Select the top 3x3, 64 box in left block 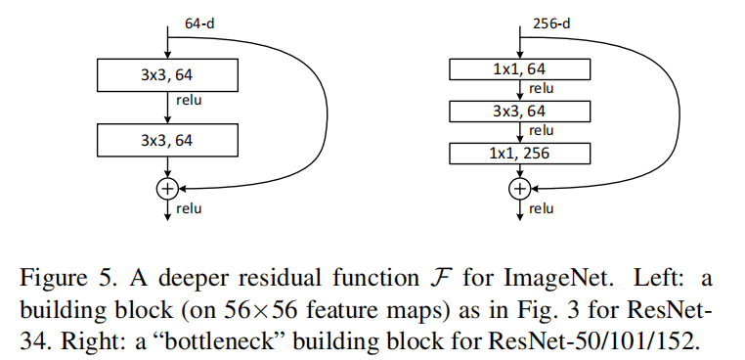point(166,73)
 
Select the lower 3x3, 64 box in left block point(166,140)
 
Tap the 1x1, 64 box point(519,68)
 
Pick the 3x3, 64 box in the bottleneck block point(519,111)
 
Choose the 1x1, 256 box point(519,154)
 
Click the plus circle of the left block point(167,187)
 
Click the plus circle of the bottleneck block point(520,187)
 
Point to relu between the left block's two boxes point(190,99)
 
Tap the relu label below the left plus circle point(190,208)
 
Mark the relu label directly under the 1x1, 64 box point(542,88)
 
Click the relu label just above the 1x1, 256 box point(542,130)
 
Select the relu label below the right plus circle point(542,208)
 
